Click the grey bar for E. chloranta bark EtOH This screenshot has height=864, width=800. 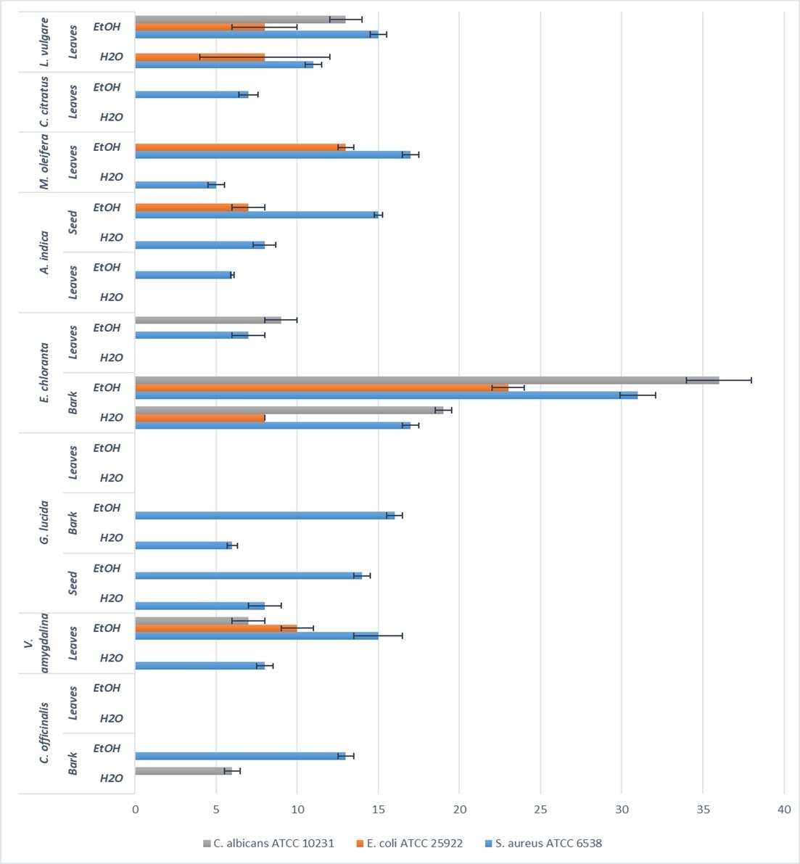427,380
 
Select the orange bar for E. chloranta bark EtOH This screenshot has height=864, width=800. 322,388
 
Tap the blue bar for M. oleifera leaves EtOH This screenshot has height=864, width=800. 273,155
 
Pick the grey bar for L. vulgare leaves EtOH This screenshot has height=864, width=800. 240,20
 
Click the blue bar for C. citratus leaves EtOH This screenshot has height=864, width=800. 191,95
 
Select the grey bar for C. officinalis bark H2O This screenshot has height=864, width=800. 183,771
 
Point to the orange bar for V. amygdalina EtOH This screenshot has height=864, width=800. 216,628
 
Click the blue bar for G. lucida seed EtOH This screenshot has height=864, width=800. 249,576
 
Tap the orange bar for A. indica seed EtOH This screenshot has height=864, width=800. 191,207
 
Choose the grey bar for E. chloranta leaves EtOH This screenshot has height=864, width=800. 208,320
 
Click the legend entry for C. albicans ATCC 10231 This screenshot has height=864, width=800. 268,843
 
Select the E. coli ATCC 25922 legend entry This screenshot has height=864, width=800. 410,843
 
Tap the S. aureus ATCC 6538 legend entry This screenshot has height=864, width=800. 544,843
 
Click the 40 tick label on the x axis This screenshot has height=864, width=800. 784,810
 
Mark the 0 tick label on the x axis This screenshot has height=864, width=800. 136,810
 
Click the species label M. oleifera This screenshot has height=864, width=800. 44,162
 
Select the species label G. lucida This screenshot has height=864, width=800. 44,522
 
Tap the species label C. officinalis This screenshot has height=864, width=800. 44,733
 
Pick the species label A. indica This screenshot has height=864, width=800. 44,252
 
